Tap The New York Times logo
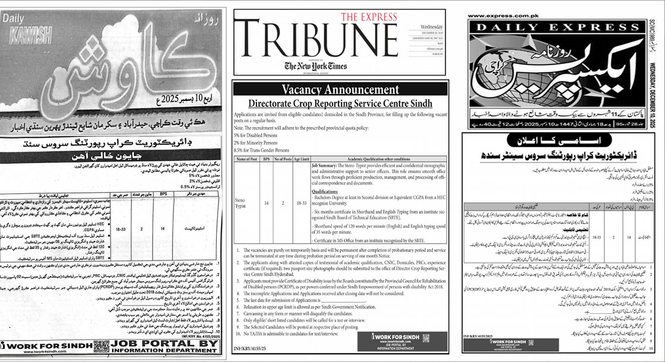click(315, 66)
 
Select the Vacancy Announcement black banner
click(340, 90)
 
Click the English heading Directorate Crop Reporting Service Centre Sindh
click(340, 103)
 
